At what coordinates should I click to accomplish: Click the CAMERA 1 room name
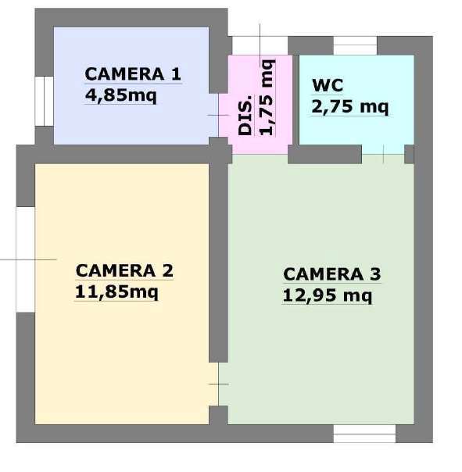(x=133, y=74)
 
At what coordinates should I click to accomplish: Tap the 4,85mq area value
(x=120, y=95)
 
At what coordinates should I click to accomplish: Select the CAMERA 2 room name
(x=124, y=270)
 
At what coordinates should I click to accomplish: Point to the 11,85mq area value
(x=116, y=292)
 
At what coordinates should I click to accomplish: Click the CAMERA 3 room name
(x=332, y=274)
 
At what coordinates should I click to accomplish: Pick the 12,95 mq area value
(x=328, y=295)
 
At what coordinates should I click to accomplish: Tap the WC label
(x=328, y=85)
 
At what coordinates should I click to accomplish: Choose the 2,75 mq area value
(x=350, y=106)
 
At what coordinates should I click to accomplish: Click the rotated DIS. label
(x=245, y=116)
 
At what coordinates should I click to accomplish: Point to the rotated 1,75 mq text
(x=267, y=98)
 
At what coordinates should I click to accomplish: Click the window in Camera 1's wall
(x=45, y=101)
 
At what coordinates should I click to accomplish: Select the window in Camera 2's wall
(x=25, y=259)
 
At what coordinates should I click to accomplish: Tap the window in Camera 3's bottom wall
(x=364, y=434)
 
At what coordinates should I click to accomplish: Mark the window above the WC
(x=356, y=46)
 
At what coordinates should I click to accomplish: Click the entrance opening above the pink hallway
(x=260, y=46)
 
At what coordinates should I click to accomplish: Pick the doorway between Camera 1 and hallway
(x=218, y=116)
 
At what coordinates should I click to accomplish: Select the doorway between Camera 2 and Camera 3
(x=218, y=384)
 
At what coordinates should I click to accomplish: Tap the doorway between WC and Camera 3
(x=383, y=155)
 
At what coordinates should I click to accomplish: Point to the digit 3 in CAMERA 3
(x=375, y=274)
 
